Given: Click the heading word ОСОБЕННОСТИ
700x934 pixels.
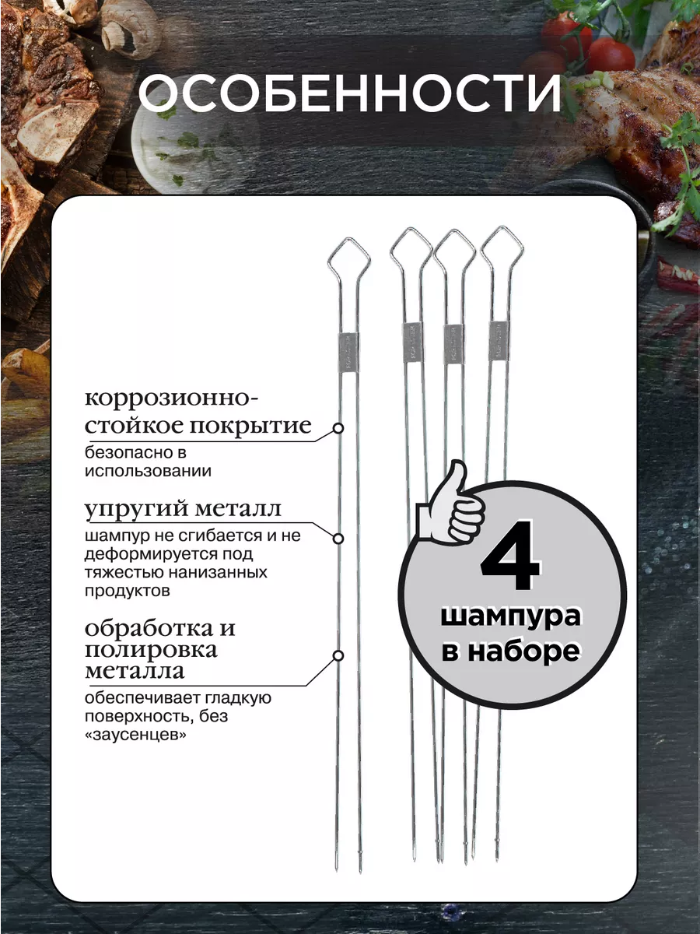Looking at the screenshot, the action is pos(350,94).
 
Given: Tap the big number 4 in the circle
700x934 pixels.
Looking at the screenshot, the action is pos(510,555).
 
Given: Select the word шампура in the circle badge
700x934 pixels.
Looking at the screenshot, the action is pos(510,616).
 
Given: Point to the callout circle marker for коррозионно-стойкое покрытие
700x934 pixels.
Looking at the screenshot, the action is pos(338,428).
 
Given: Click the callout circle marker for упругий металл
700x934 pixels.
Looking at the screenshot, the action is pos(338,539).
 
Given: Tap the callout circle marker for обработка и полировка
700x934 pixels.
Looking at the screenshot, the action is pos(338,655).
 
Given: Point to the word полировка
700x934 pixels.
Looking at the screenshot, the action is pos(152,650).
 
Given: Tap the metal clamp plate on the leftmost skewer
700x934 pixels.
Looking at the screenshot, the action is pos(348,353).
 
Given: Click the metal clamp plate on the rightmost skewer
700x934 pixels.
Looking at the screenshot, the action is pos(499,340).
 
